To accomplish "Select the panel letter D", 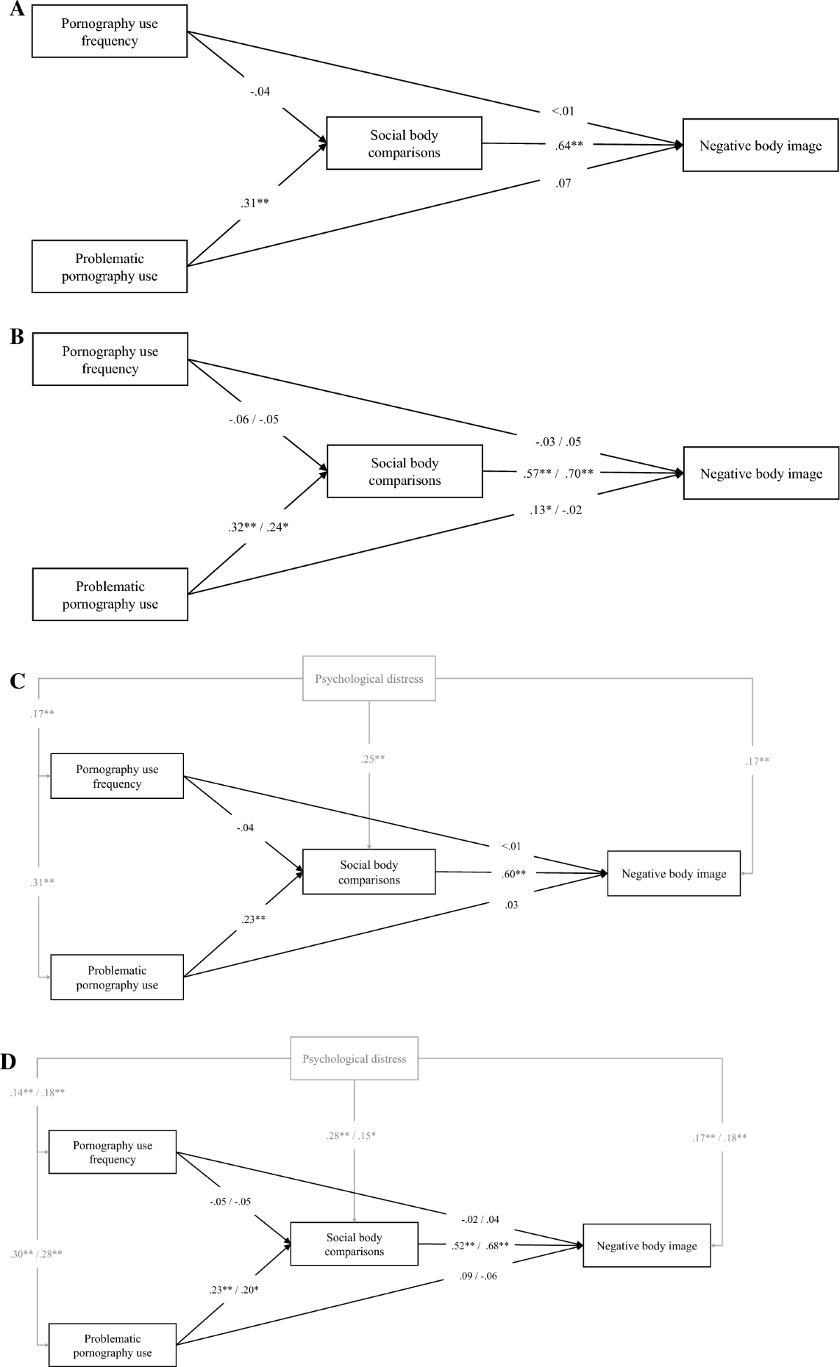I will point(9,1061).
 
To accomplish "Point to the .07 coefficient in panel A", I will point(563,183).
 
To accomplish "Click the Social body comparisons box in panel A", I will point(404,143).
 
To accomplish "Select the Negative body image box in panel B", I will point(761,474).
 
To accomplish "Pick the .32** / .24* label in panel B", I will point(258,527).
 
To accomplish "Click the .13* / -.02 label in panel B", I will point(555,510).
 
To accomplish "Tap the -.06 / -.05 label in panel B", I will point(253,420).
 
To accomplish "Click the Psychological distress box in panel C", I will point(369,679).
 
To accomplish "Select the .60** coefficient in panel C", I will point(514,873).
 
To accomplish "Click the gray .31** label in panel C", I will point(42,882).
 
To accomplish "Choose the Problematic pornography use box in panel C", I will point(117,977).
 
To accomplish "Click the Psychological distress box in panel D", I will point(354,1058).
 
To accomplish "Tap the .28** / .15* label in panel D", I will point(350,1135).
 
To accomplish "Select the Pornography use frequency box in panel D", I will point(112,1152).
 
